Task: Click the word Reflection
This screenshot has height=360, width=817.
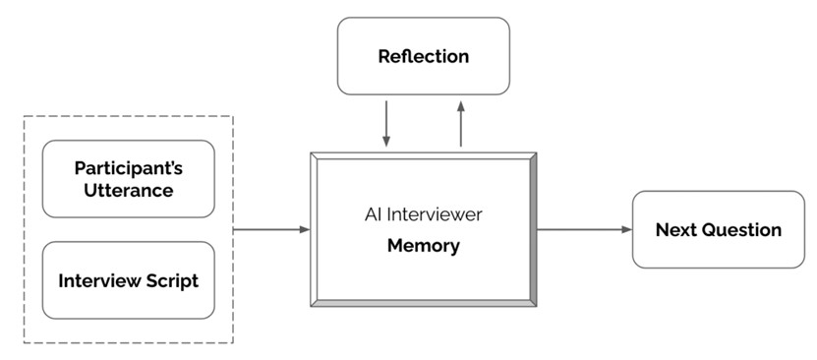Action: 423,56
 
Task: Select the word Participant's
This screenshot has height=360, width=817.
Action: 128,169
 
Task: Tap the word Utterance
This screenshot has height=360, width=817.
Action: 128,190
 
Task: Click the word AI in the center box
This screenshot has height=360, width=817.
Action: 371,214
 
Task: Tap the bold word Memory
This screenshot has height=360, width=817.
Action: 423,246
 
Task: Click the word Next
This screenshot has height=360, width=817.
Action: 674,230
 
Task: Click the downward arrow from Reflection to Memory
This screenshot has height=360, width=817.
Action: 386,124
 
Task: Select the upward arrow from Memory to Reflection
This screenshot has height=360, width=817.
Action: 460,124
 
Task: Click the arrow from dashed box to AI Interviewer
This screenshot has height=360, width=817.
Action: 271,229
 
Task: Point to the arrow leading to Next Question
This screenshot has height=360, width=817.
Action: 584,229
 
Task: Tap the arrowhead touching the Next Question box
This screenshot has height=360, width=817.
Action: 627,229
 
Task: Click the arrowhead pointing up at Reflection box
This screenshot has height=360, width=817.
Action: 460,105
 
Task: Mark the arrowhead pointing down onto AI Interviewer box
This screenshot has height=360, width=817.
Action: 386,142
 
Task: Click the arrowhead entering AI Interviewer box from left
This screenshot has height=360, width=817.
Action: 305,229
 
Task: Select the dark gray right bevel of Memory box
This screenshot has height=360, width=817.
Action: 533,229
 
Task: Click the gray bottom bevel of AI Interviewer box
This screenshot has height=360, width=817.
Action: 424,303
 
